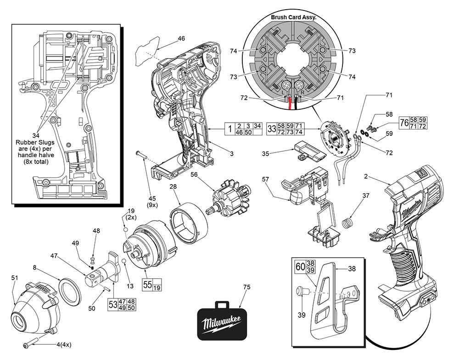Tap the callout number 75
click(247, 287)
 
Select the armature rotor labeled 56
click(229, 201)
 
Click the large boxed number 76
click(404, 123)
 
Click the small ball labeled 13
click(123, 262)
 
